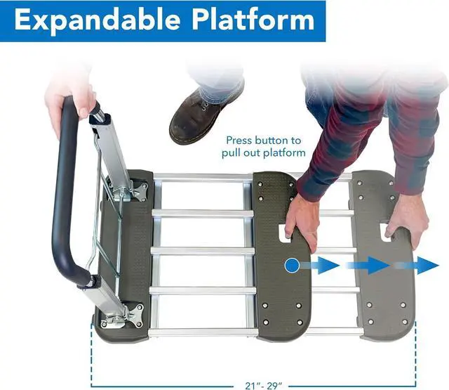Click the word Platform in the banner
[x=251, y=20]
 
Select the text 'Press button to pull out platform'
[x=263, y=146]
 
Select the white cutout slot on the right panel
[x=385, y=230]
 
